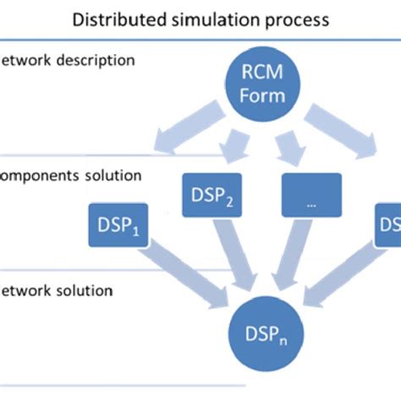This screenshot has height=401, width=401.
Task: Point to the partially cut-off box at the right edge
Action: tap(388, 225)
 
